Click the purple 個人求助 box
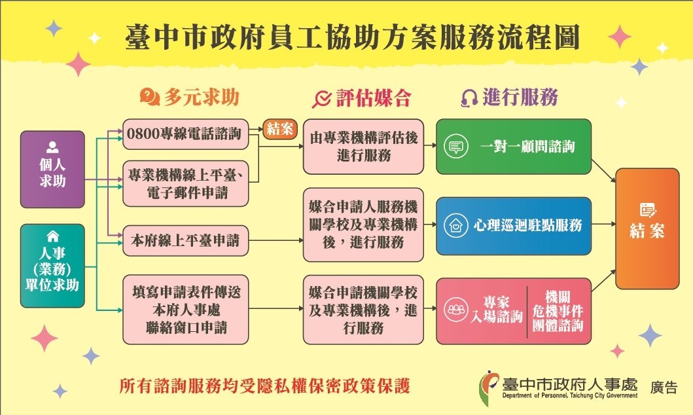click(52, 170)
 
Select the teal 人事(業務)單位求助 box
click(52, 266)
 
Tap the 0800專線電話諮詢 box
click(186, 134)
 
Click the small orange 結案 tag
click(280, 129)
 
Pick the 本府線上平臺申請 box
click(186, 241)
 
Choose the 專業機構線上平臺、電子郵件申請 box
click(186, 183)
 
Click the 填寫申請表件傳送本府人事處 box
click(186, 310)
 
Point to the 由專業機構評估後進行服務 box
click(363, 146)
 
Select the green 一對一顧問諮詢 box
click(514, 146)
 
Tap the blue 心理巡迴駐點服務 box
click(514, 226)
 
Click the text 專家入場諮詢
click(496, 310)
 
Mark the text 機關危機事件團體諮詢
click(558, 311)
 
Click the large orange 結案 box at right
click(647, 228)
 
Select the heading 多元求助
click(202, 98)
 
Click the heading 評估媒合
click(374, 98)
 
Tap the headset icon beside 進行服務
click(469, 98)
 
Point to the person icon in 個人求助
click(52, 147)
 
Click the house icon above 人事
click(52, 236)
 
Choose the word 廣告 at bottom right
click(664, 387)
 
